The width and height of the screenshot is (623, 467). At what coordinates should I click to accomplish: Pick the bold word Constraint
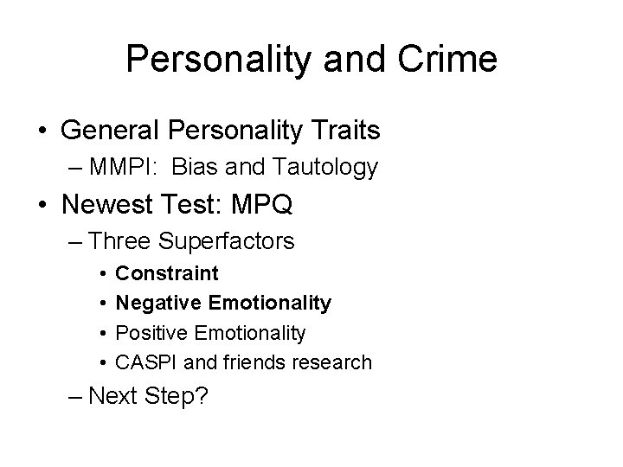coord(167,274)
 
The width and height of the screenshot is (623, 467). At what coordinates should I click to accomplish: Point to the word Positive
coord(153,333)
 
